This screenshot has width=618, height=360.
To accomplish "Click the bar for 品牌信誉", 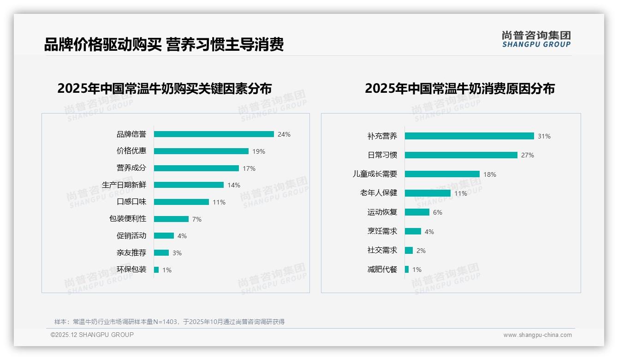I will tap(214, 134).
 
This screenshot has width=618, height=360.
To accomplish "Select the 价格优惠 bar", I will tap(201, 151).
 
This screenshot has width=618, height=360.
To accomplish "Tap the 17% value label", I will tap(249, 168).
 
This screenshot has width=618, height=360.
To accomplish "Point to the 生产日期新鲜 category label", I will tap(124, 185).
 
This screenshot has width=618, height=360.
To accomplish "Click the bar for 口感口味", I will tap(181, 202).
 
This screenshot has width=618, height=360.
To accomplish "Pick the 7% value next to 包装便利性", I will tap(197, 219).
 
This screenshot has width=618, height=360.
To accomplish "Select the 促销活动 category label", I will tap(131, 236).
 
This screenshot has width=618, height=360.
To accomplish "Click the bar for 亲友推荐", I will tap(161, 253).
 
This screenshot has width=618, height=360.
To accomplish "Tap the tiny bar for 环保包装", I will tap(156, 270).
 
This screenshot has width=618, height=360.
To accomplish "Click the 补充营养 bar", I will tap(469, 136).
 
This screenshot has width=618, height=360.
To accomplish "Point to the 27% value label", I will tap(528, 156).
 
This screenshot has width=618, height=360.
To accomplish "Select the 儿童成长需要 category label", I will tap(375, 174).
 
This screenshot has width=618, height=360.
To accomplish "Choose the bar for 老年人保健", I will tap(428, 193).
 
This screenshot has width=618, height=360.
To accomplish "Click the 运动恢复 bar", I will tap(417, 212).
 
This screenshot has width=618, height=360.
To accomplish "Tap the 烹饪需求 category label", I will tap(382, 231).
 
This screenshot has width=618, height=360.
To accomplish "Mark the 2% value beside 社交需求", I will tap(421, 251).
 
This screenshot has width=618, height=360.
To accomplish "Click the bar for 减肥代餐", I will tap(407, 270).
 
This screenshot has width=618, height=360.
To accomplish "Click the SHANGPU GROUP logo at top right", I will tap(536, 39).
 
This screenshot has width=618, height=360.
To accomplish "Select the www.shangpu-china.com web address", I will tap(537, 335).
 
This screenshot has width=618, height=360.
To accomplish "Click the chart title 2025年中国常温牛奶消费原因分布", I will tap(460, 89).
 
